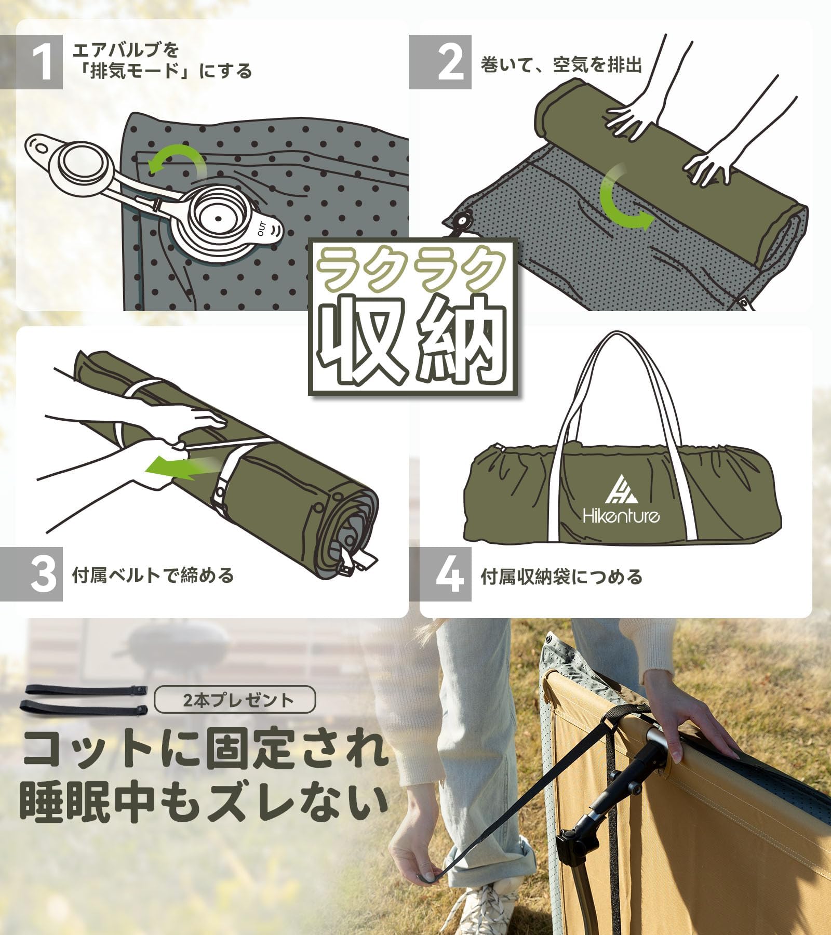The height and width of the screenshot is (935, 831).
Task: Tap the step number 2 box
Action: click(x=440, y=62)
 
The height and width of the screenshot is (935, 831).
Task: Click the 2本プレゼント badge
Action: click(x=235, y=700)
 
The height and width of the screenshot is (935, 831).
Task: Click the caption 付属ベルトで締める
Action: click(x=153, y=576)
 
